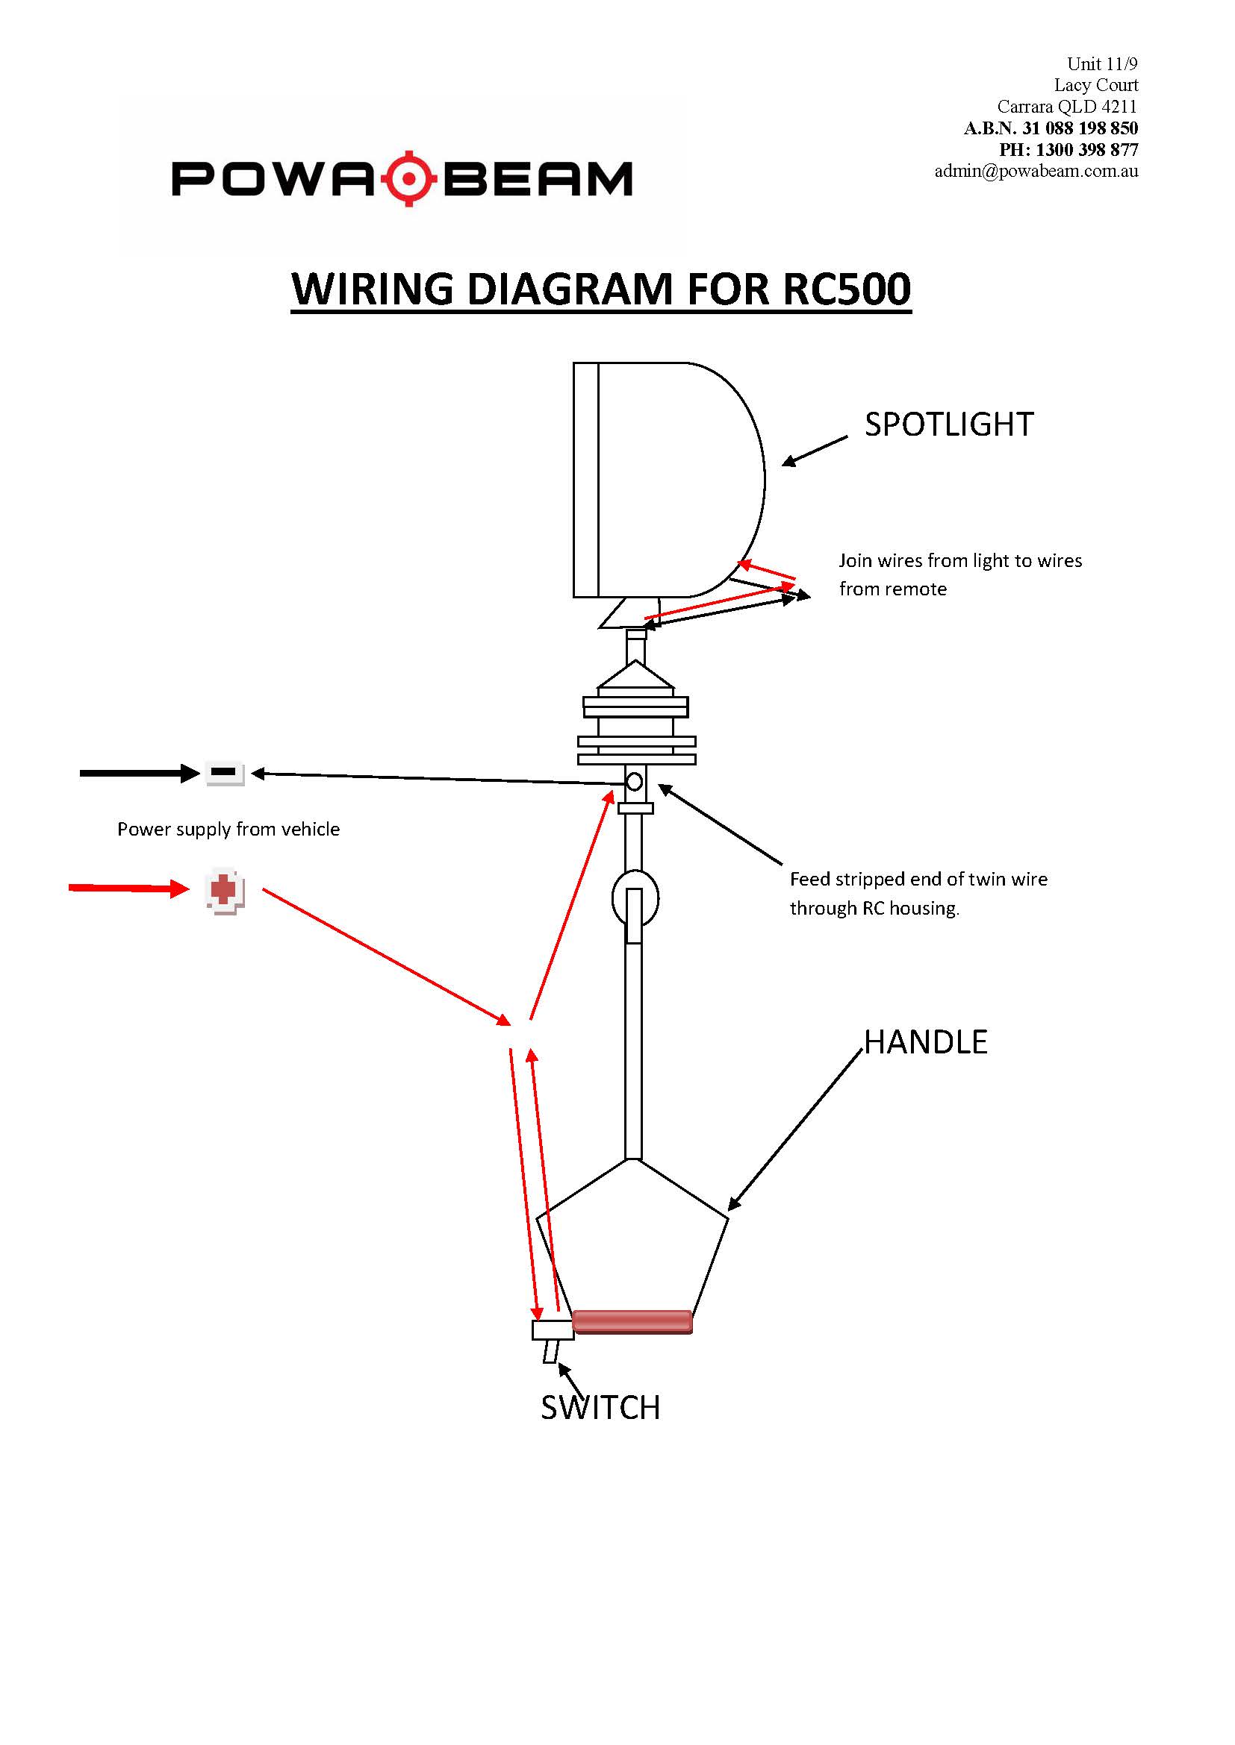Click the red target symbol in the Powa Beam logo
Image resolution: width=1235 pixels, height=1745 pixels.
pos(409,178)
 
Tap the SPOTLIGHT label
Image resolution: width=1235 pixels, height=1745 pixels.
pos(949,424)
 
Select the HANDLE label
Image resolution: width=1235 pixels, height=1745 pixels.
pos(925,1042)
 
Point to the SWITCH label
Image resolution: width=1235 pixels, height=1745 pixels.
pos(600,1408)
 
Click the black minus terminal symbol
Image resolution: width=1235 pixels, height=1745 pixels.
pos(224,772)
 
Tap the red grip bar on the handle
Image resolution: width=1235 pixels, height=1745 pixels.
pos(632,1322)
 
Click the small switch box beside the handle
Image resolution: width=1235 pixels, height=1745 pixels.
pos(553,1330)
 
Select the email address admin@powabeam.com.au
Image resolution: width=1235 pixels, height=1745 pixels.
pos(1036,171)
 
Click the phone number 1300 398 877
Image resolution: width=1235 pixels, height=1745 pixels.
pos(1086,150)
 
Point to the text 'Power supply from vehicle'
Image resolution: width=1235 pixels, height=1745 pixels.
pos(228,829)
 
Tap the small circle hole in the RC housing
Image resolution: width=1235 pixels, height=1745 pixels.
pos(634,781)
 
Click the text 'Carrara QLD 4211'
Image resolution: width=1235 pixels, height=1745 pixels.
pos(1067,107)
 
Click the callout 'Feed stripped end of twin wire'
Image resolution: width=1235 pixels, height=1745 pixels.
pos(918,880)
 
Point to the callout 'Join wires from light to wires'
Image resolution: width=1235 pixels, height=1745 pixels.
pos(959,561)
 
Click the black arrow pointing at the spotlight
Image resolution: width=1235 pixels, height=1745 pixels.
pos(815,451)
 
